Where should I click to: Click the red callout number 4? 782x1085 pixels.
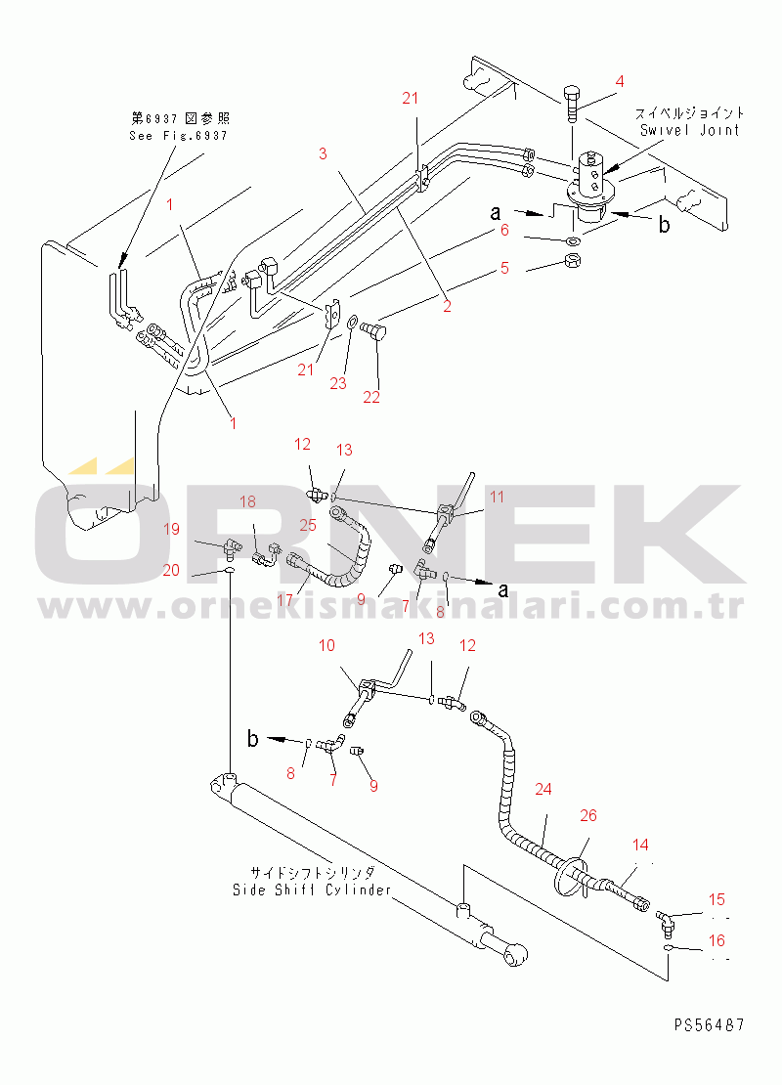pos(620,82)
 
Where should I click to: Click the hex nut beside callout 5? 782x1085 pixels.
pos(573,261)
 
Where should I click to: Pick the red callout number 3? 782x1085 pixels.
pos(323,152)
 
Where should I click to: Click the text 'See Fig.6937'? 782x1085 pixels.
pos(178,136)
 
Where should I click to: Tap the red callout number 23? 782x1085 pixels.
pos(337,383)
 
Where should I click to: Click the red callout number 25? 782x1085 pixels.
pos(307,525)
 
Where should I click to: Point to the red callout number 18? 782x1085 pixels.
pos(247,501)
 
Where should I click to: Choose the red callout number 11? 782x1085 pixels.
pos(497,497)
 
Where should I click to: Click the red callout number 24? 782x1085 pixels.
pos(543,789)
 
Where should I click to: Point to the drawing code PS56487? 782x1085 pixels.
pos(710,1024)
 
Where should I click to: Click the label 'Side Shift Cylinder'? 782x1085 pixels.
pos(312,890)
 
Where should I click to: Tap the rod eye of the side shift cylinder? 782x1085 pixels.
pos(515,957)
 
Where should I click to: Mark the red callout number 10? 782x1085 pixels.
pos(326,645)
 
